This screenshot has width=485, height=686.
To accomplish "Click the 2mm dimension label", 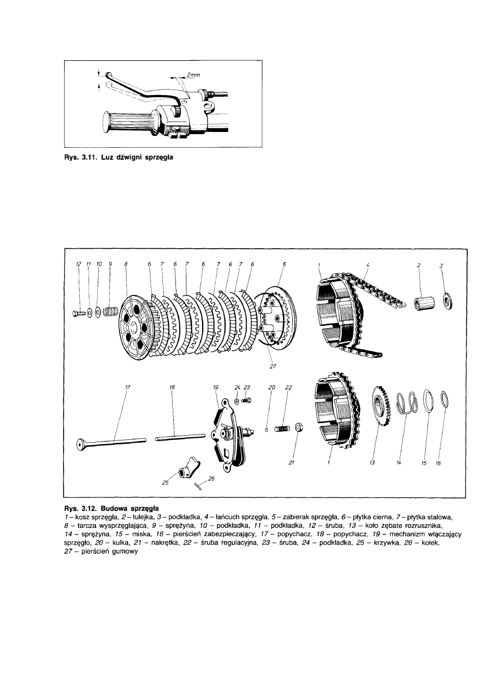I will pos(193,74).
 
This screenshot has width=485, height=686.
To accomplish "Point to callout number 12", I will pos(78,265).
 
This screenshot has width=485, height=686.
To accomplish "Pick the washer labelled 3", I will pos(449,301).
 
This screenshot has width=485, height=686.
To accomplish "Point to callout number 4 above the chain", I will pos(368,265).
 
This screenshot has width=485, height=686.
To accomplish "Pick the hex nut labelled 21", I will pos(299,426).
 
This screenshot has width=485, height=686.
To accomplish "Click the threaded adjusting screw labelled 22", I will pos(282,429).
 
